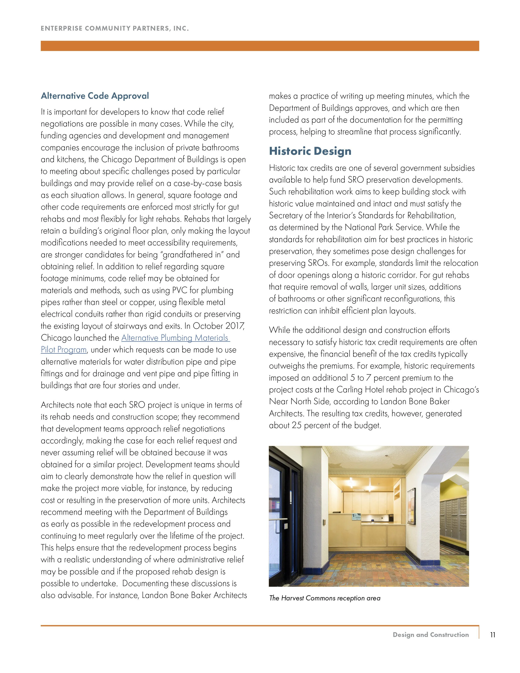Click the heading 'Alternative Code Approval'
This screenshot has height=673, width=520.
click(95, 96)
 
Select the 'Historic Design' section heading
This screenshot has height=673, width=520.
click(310, 151)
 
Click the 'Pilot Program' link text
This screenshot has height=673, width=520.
click(64, 350)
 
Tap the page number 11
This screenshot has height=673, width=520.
click(493, 635)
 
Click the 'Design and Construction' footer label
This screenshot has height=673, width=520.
click(431, 635)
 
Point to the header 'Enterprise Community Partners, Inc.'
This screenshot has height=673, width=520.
click(115, 28)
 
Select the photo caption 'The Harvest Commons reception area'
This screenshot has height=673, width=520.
click(325, 598)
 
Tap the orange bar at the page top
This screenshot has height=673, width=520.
click(260, 46)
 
